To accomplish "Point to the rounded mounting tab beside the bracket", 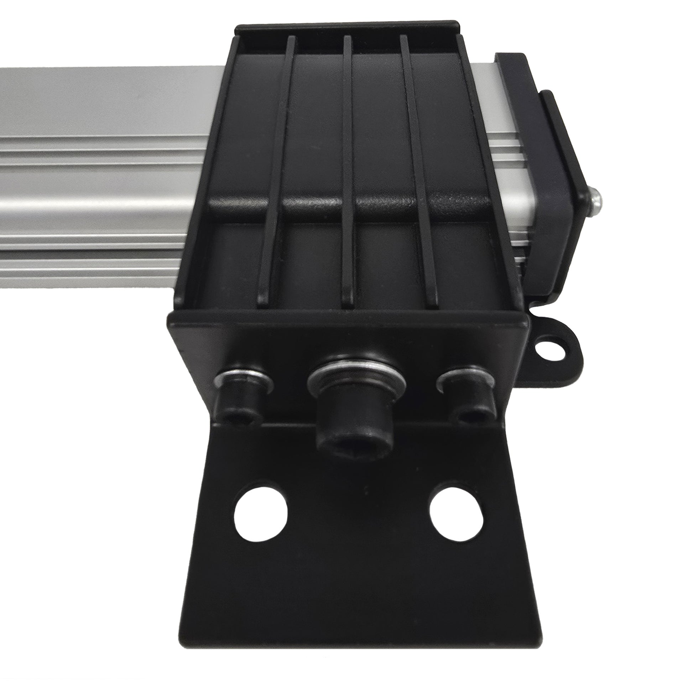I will pos(552,341).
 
